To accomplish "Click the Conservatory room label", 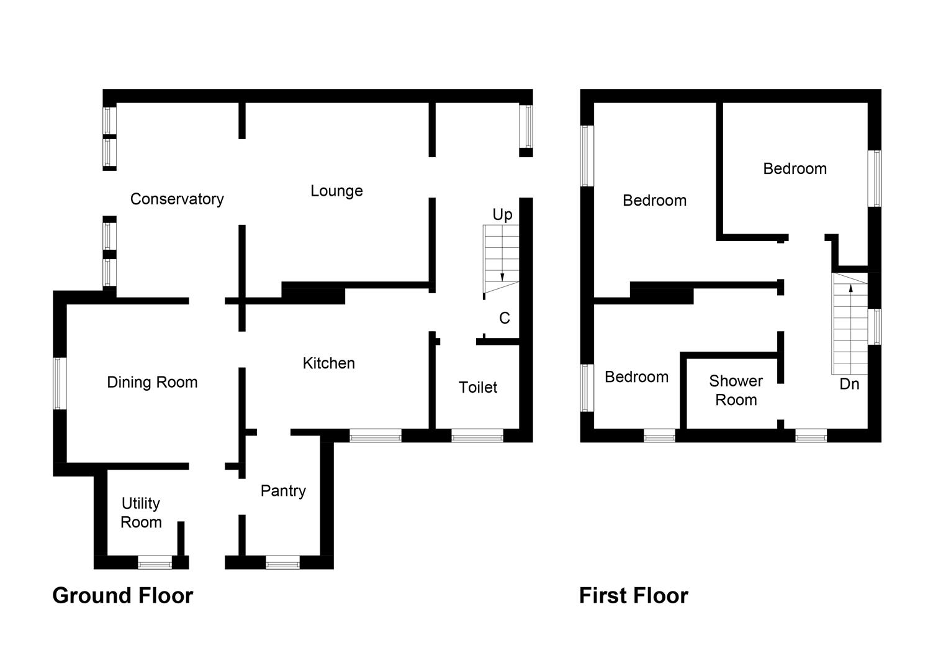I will (x=177, y=199).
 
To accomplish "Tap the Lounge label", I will (x=336, y=191).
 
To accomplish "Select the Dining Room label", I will (x=152, y=382).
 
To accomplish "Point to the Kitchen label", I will (x=328, y=363).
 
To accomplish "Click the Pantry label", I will (x=283, y=491).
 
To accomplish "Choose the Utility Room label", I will (x=141, y=513).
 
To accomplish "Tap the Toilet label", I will (x=478, y=387).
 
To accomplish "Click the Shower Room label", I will (x=736, y=390).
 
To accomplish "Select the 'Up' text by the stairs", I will (x=502, y=214).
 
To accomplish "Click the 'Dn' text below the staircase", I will (x=849, y=384).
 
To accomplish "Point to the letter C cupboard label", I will (x=505, y=318).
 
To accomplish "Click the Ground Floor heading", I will (x=123, y=595).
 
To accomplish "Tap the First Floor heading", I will (x=633, y=595).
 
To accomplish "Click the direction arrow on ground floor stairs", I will (x=502, y=276).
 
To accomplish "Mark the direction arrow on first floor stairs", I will (x=850, y=288).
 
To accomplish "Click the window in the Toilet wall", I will (x=477, y=437).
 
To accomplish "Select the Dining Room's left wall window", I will (x=59, y=383).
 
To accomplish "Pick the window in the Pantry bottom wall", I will (x=282, y=564).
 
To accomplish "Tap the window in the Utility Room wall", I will (x=155, y=564).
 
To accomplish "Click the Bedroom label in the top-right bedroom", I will (x=795, y=168).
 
